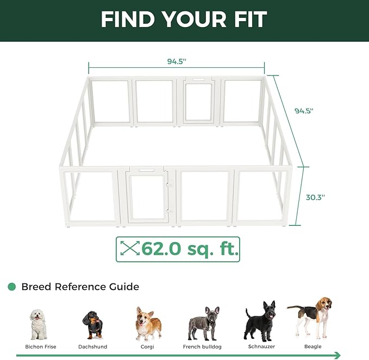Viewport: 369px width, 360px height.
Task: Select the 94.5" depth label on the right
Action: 304,111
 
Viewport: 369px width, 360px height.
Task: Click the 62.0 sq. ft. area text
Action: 190,249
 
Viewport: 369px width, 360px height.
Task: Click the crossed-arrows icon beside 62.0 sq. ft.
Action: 130,249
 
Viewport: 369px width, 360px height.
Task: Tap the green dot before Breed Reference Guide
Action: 11,287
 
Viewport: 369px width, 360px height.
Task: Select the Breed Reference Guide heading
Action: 80,287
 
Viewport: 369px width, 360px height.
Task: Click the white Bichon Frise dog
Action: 39,324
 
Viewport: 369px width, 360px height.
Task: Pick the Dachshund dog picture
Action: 92,325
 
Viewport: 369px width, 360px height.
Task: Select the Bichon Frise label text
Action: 41,346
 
